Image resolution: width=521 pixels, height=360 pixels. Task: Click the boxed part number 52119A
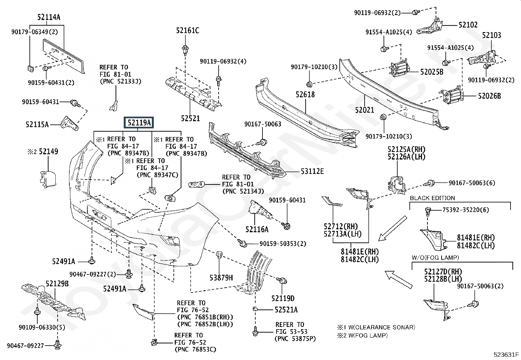click(139, 123)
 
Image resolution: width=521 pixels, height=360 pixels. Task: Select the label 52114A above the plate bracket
click(49, 17)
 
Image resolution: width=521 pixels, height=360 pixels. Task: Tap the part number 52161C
click(188, 30)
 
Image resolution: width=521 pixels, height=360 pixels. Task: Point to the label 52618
click(305, 94)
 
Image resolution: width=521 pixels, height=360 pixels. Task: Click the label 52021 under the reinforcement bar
click(365, 110)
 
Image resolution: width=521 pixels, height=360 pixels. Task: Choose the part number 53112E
click(312, 171)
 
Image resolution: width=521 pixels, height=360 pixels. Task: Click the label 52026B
click(489, 96)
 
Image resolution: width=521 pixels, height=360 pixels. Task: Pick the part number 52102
click(468, 25)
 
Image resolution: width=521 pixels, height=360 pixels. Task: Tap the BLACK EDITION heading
click(432, 198)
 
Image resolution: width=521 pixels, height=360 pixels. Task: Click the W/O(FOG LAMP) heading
click(435, 257)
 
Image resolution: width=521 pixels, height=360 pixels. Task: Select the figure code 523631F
click(506, 354)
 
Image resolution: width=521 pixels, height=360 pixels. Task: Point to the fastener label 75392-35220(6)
click(465, 210)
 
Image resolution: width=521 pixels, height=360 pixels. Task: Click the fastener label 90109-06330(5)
click(42, 327)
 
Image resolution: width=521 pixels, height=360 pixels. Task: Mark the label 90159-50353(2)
click(283, 244)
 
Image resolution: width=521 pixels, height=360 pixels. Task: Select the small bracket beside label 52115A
click(69, 123)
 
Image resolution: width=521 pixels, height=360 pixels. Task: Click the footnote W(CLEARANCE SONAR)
click(382, 327)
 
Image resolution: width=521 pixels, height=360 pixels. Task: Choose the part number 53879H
click(221, 278)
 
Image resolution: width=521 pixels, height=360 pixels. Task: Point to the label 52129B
click(57, 284)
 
